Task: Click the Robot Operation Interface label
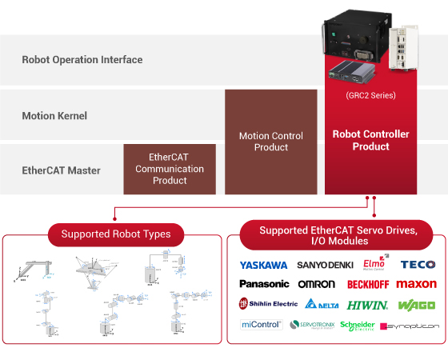82,59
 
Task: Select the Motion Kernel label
54,115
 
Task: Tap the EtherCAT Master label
61,170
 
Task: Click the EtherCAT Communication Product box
170,169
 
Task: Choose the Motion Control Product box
270,142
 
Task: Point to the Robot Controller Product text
370,140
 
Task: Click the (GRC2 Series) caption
370,95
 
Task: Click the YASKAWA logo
263,265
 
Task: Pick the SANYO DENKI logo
323,265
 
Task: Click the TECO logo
418,264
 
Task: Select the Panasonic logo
264,284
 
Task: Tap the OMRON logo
316,284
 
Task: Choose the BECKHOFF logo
368,284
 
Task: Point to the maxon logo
417,284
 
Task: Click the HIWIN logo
368,305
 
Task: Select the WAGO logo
416,305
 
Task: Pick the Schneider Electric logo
357,326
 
